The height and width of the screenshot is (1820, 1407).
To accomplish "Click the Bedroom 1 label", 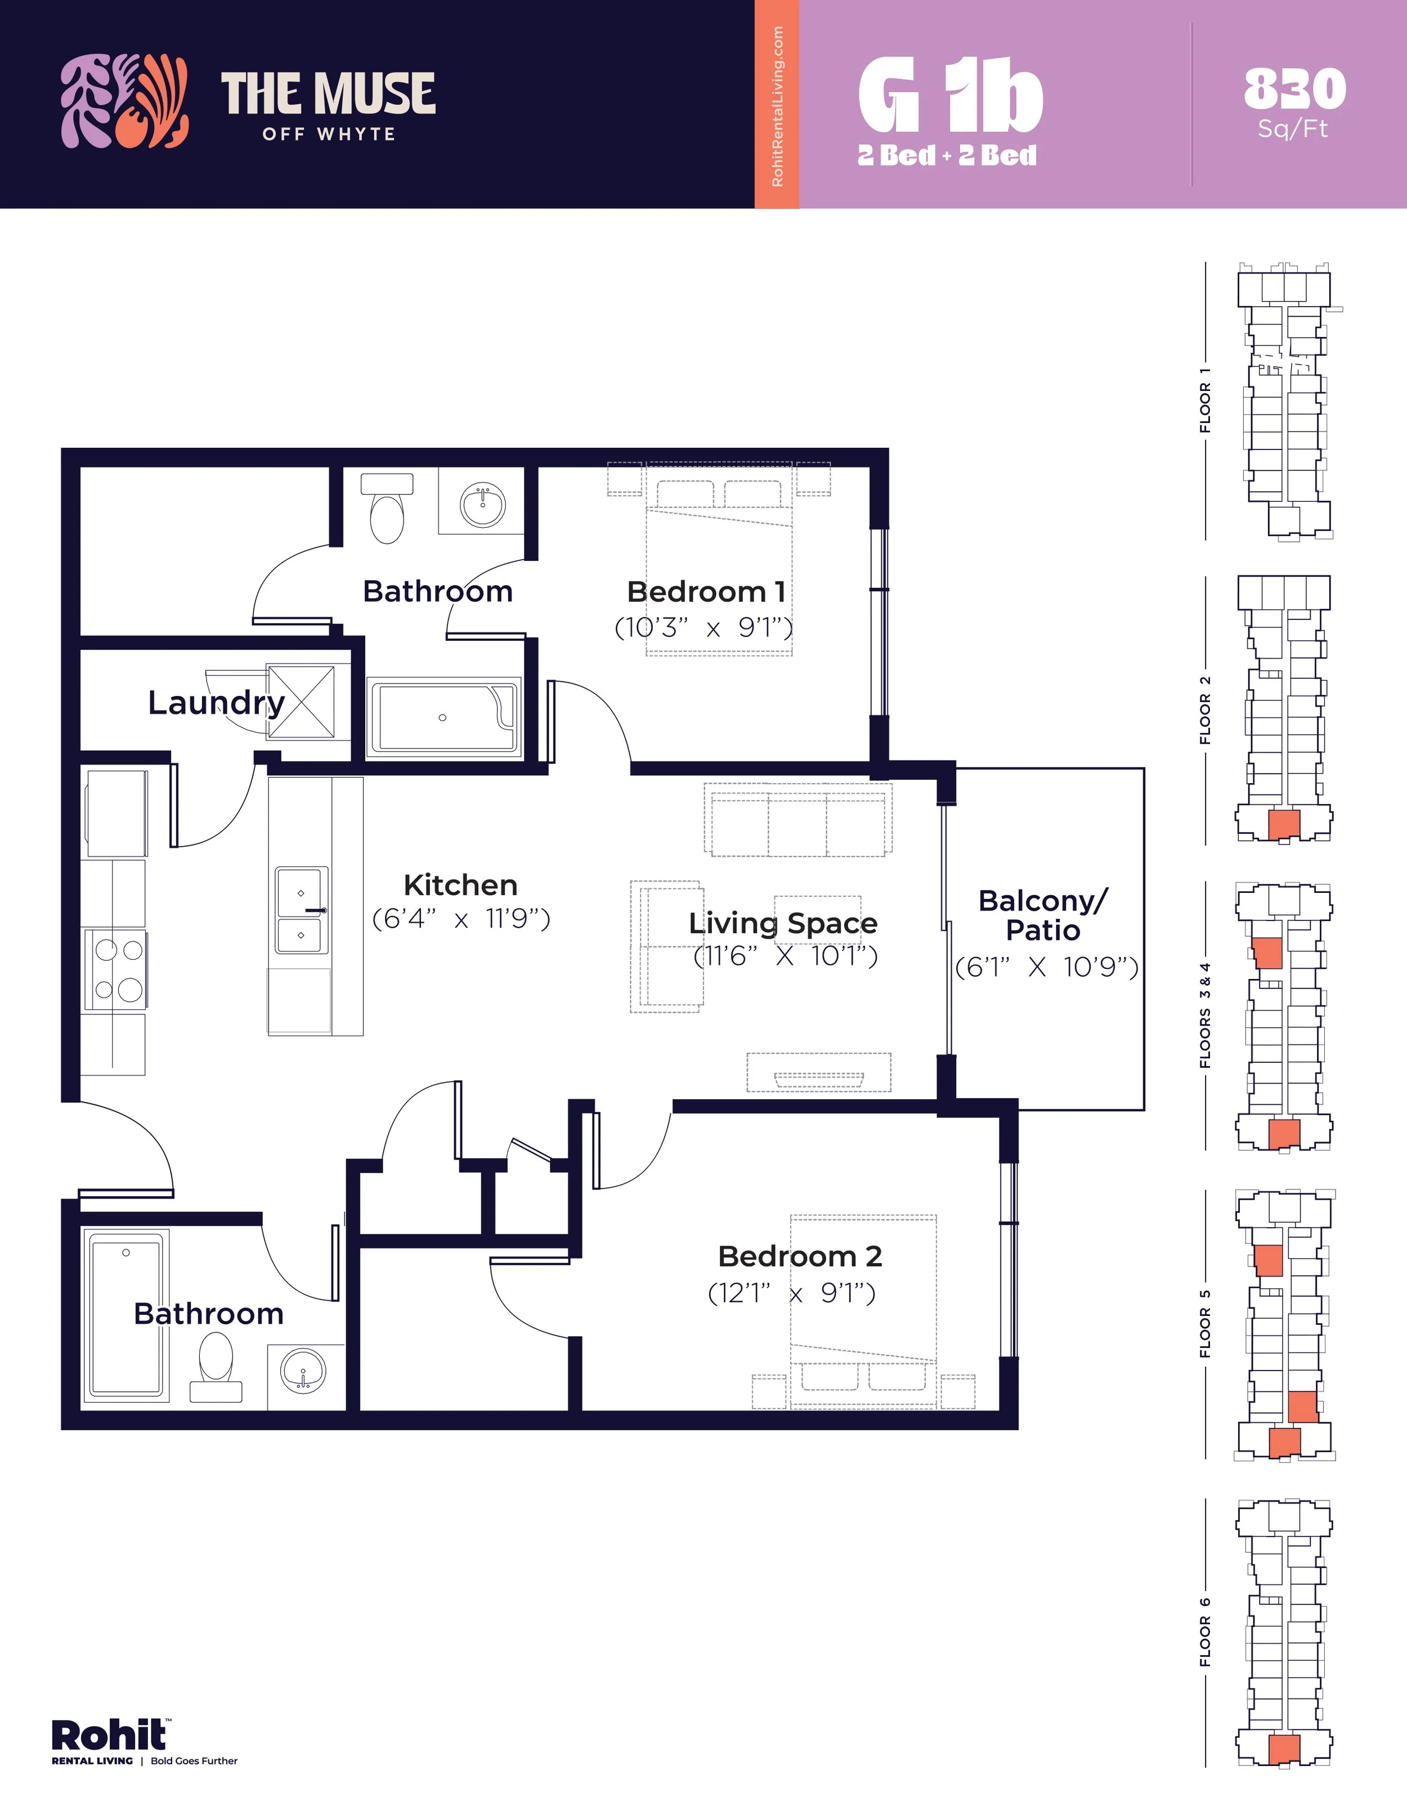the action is coord(706,592).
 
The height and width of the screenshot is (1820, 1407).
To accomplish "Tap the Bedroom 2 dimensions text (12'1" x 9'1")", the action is coord(792,1293).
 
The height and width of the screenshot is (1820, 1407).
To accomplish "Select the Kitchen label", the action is coord(460,885).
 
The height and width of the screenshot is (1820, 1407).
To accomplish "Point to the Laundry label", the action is coord(217,703).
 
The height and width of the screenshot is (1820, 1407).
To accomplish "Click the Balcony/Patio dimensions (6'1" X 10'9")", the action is coord(1047,967).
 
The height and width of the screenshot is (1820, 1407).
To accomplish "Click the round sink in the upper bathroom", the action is coord(483,504).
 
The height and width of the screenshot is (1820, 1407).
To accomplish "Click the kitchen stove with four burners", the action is coord(114,969).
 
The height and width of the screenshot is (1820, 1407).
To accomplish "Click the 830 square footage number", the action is coord(1294,88).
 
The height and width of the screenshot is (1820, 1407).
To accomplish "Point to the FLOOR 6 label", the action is coord(1204,1633).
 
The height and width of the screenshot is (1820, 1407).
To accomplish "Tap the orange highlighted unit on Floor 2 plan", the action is coord(1284,824).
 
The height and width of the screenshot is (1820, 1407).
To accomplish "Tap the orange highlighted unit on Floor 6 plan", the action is coord(1284,1749).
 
